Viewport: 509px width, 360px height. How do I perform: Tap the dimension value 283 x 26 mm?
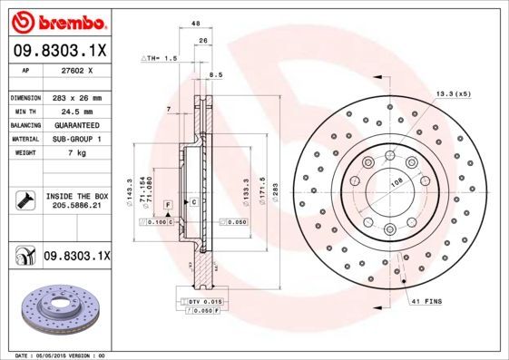pyautogui.click(x=76, y=97)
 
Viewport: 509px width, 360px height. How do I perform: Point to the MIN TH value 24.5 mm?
pyautogui.click(x=76, y=111)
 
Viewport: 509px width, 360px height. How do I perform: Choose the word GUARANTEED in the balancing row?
pyautogui.click(x=76, y=125)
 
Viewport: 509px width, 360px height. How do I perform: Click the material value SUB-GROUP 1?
pyautogui.click(x=76, y=139)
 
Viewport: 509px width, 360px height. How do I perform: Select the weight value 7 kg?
pyautogui.click(x=76, y=153)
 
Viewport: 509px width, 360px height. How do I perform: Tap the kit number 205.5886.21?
pyautogui.click(x=76, y=207)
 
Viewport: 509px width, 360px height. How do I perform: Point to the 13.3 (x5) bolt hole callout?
pyautogui.click(x=453, y=93)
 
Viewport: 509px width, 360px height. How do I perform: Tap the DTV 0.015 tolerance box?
pyautogui.click(x=201, y=300)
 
